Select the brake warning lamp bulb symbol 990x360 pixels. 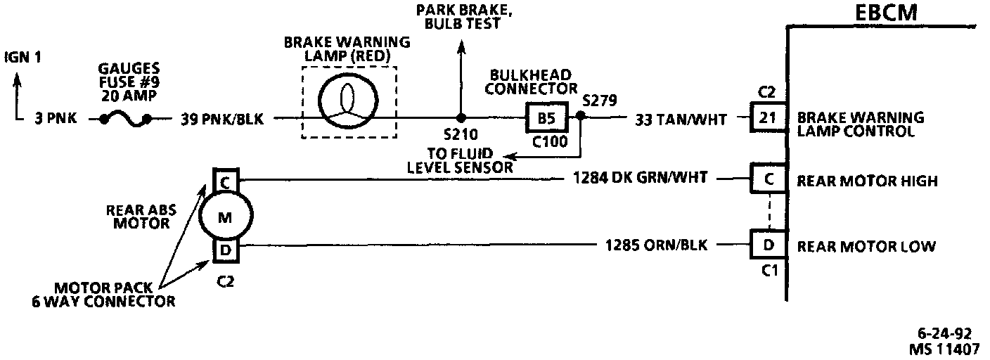349,99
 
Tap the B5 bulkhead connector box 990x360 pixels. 546,119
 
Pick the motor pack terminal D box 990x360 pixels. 226,250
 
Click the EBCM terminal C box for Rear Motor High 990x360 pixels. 769,180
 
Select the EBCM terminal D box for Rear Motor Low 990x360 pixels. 769,246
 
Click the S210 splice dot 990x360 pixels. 461,119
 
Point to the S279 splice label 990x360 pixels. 598,100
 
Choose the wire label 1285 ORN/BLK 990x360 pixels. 657,246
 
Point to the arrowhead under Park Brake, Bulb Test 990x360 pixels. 461,47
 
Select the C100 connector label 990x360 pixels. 546,141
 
